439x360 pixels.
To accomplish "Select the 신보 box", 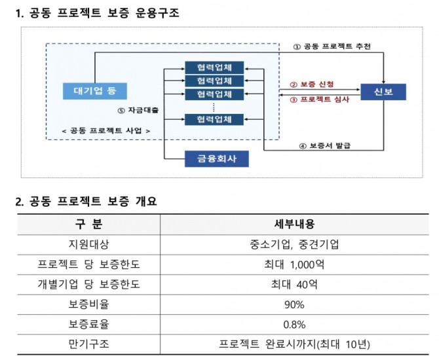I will pos(383,92).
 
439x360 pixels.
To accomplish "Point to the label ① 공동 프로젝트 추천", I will pos(332,46).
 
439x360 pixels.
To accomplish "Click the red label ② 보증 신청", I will pos(312,84).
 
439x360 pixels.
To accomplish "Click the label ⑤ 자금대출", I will pos(139,111).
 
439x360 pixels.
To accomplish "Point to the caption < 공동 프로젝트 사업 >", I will pos(105,130).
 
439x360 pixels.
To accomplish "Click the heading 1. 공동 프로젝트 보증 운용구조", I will pos(98,12).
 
